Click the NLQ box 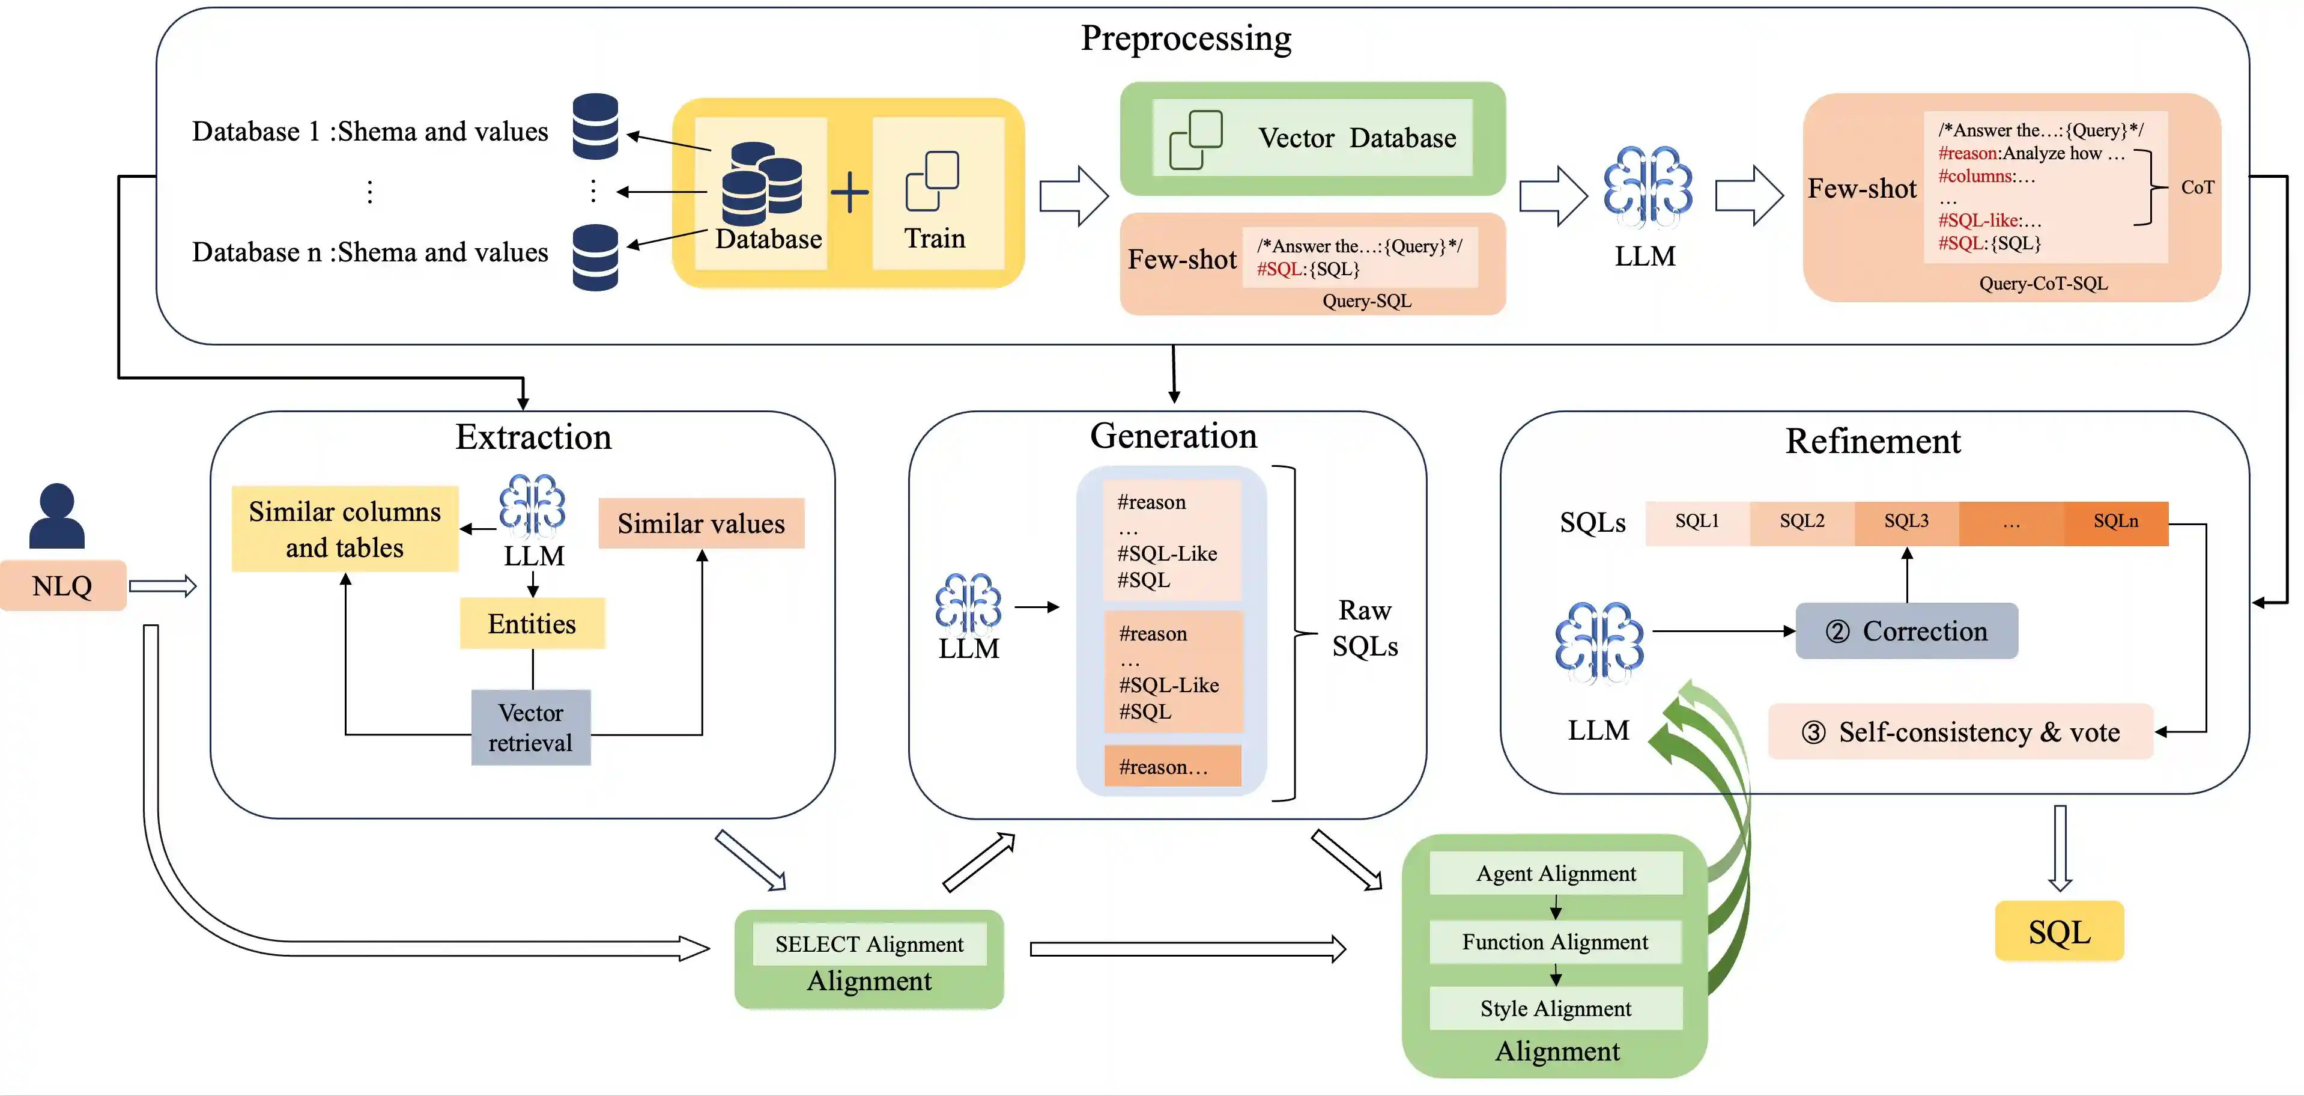(x=62, y=586)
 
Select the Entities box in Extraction (x=532, y=624)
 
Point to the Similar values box (x=701, y=523)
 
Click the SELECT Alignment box (x=869, y=945)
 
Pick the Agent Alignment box (x=1556, y=873)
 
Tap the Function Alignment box (x=1556, y=942)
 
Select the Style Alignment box (x=1556, y=1008)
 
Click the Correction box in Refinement (x=1907, y=631)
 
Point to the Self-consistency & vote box (x=1960, y=732)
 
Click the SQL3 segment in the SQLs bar (x=1906, y=522)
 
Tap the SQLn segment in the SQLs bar (x=2115, y=522)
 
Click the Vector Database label (x=1357, y=138)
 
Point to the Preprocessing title (x=1186, y=38)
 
